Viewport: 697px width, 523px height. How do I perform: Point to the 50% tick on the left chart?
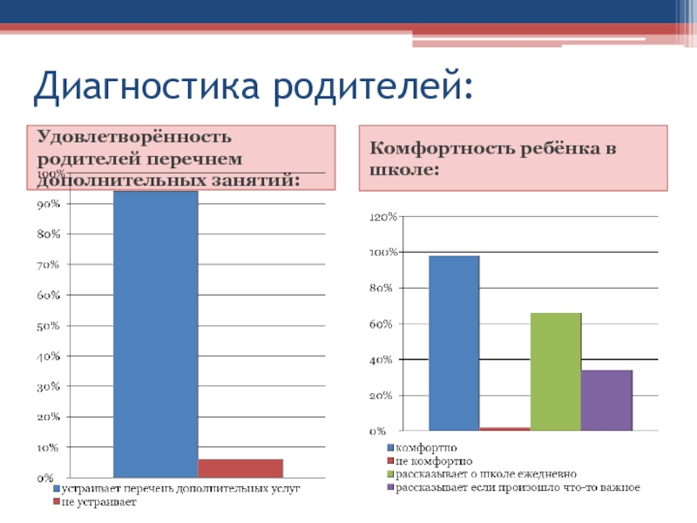48,326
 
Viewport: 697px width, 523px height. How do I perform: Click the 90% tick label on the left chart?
48,204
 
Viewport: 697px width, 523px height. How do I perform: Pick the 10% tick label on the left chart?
48,448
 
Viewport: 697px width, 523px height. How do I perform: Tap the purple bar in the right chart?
606,400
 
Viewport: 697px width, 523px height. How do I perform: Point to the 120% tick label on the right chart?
383,216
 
